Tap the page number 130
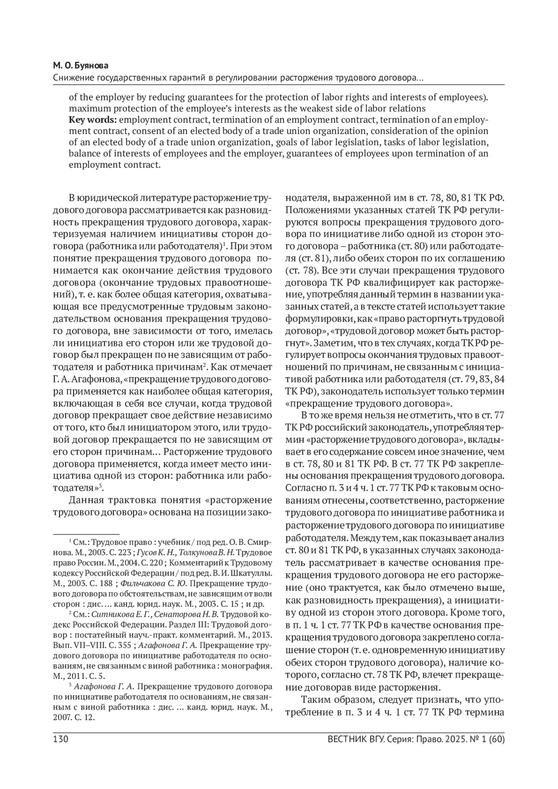(61, 739)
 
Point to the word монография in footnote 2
(252, 666)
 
